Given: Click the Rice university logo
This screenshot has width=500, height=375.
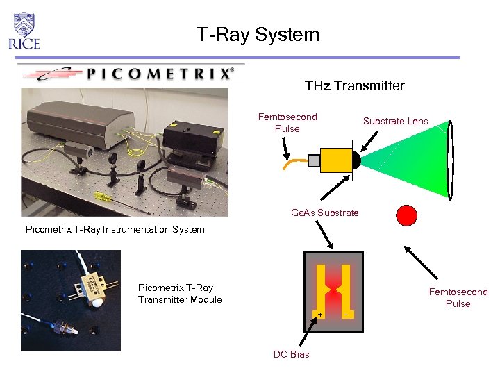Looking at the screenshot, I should click(x=24, y=31).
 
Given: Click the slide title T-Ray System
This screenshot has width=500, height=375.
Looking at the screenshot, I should click(x=258, y=34).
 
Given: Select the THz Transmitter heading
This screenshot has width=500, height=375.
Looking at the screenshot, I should click(x=354, y=85).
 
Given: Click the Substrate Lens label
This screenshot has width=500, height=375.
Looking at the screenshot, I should click(x=395, y=121).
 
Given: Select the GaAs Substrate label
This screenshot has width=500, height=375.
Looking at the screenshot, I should click(x=325, y=212).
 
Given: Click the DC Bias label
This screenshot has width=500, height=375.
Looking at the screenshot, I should click(x=292, y=354).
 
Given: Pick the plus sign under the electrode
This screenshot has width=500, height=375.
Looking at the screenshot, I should click(x=320, y=315).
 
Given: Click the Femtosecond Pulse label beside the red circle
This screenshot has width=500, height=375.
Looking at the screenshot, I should click(x=458, y=298).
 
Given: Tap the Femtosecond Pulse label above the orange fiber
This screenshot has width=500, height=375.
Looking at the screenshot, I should click(x=287, y=123).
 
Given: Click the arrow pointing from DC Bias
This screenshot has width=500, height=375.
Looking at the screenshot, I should click(x=306, y=333).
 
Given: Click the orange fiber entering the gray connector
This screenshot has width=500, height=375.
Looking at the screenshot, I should click(x=295, y=165).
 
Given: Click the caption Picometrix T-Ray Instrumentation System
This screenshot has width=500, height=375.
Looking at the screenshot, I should click(x=115, y=229).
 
